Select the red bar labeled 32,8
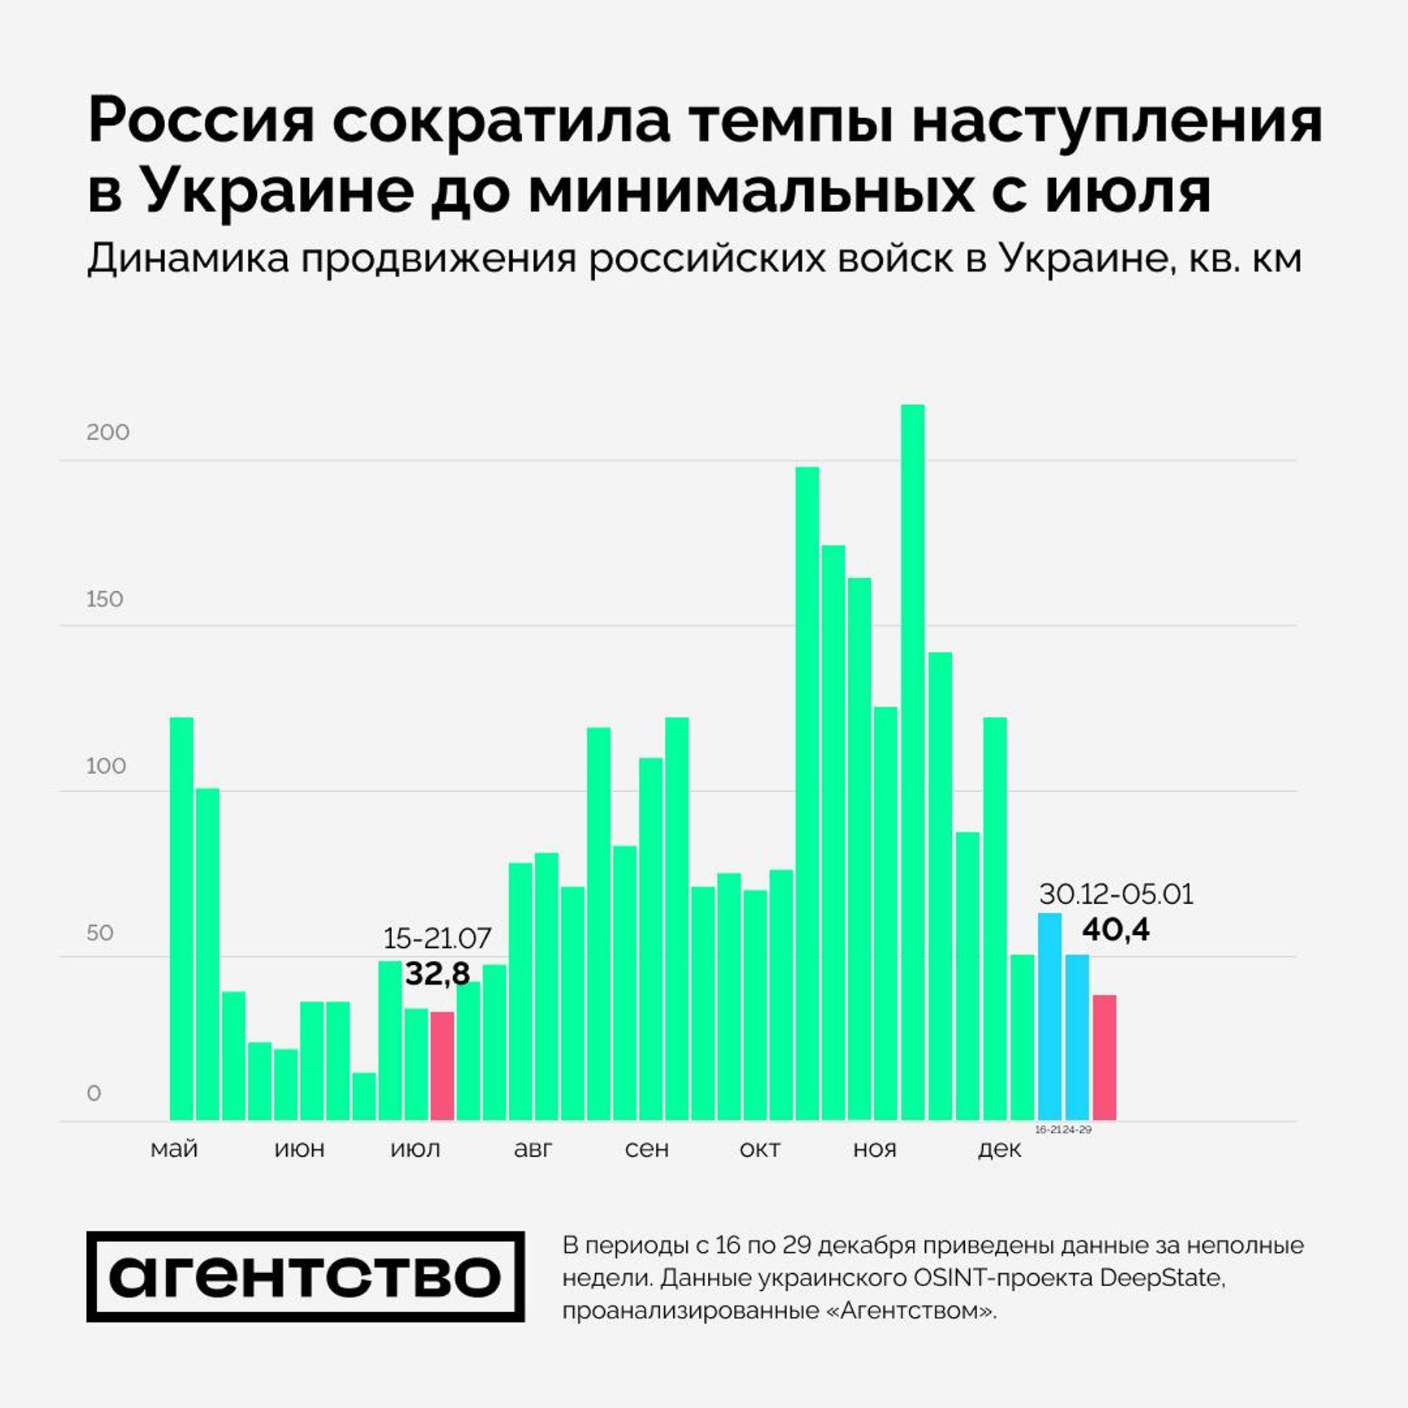[441, 1066]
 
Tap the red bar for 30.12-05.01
[1104, 1058]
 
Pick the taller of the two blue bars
[1049, 1016]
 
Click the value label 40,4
[1115, 929]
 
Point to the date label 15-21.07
[437, 938]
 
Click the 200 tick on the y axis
[107, 432]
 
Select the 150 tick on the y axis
[105, 599]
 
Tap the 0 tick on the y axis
[93, 1093]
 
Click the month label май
[174, 1149]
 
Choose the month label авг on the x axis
[533, 1149]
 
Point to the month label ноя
[875, 1149]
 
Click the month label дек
[999, 1149]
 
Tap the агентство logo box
[306, 1276]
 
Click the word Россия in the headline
[201, 120]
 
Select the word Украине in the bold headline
[277, 191]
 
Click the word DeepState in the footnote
[1160, 1277]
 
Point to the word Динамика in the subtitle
[188, 259]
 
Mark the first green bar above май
[181, 919]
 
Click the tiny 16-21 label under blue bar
[1048, 1130]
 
